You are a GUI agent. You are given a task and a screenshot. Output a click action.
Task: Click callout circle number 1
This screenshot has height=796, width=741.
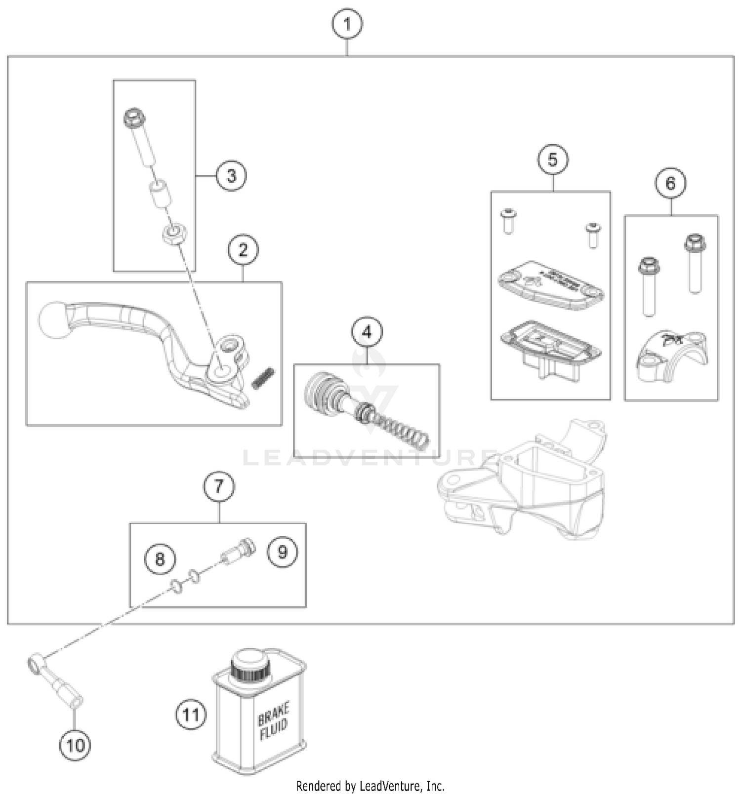[x=347, y=24]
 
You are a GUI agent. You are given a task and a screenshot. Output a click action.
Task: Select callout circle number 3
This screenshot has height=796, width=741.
[x=231, y=175]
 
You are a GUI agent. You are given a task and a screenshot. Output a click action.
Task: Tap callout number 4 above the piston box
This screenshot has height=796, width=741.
[x=367, y=332]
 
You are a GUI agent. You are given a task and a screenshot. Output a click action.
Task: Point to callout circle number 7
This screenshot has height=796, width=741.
[x=219, y=486]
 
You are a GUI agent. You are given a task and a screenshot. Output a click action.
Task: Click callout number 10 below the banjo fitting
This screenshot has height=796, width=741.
[x=75, y=745]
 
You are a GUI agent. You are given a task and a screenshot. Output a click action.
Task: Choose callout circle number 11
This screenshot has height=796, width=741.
[x=191, y=714]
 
